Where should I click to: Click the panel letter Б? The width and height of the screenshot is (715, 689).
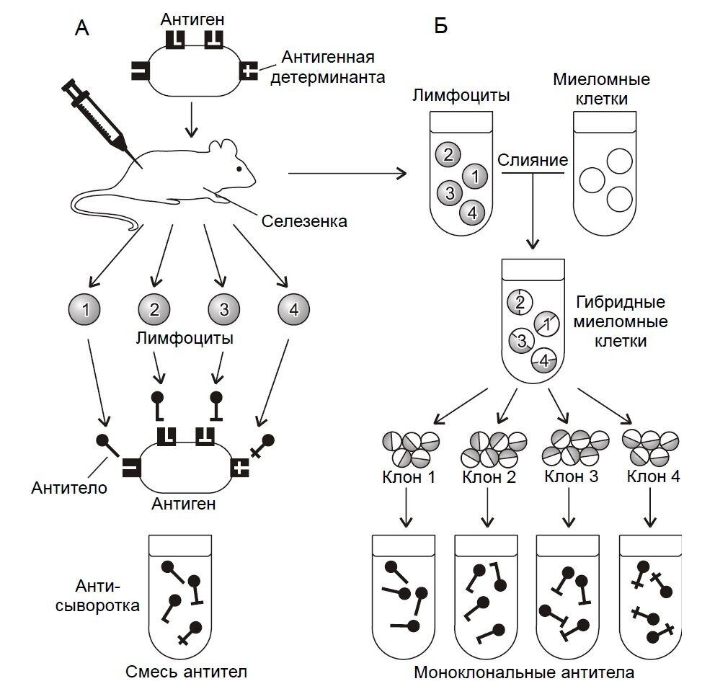(440, 27)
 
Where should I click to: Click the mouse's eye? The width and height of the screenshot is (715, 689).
(239, 169)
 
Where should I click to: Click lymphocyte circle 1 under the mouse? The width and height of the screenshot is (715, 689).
(86, 311)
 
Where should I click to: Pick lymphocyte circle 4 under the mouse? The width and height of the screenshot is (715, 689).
(293, 311)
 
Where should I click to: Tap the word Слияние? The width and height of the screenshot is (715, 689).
(533, 159)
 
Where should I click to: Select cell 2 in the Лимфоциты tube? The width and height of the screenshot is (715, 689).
(448, 154)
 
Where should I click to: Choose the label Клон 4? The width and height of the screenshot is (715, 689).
(653, 476)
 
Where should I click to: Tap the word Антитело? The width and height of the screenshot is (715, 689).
(68, 489)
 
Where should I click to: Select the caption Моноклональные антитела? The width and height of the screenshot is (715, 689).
(525, 674)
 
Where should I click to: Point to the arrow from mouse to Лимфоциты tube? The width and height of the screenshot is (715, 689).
(347, 173)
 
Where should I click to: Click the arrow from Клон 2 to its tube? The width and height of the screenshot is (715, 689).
(489, 507)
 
